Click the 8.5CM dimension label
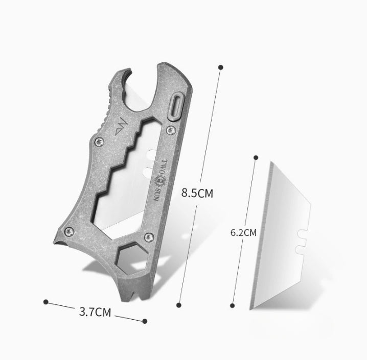pyautogui.click(x=197, y=194)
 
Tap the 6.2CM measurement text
pyautogui.click(x=243, y=232)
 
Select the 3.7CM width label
pyautogui.click(x=97, y=311)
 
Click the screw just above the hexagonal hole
pyautogui.click(x=149, y=236)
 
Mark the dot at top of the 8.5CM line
pyautogui.click(x=221, y=67)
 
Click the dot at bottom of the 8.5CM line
pyautogui.click(x=178, y=305)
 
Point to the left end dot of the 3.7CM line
pyautogui.click(x=46, y=302)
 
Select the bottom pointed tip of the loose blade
pyautogui.click(x=250, y=308)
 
